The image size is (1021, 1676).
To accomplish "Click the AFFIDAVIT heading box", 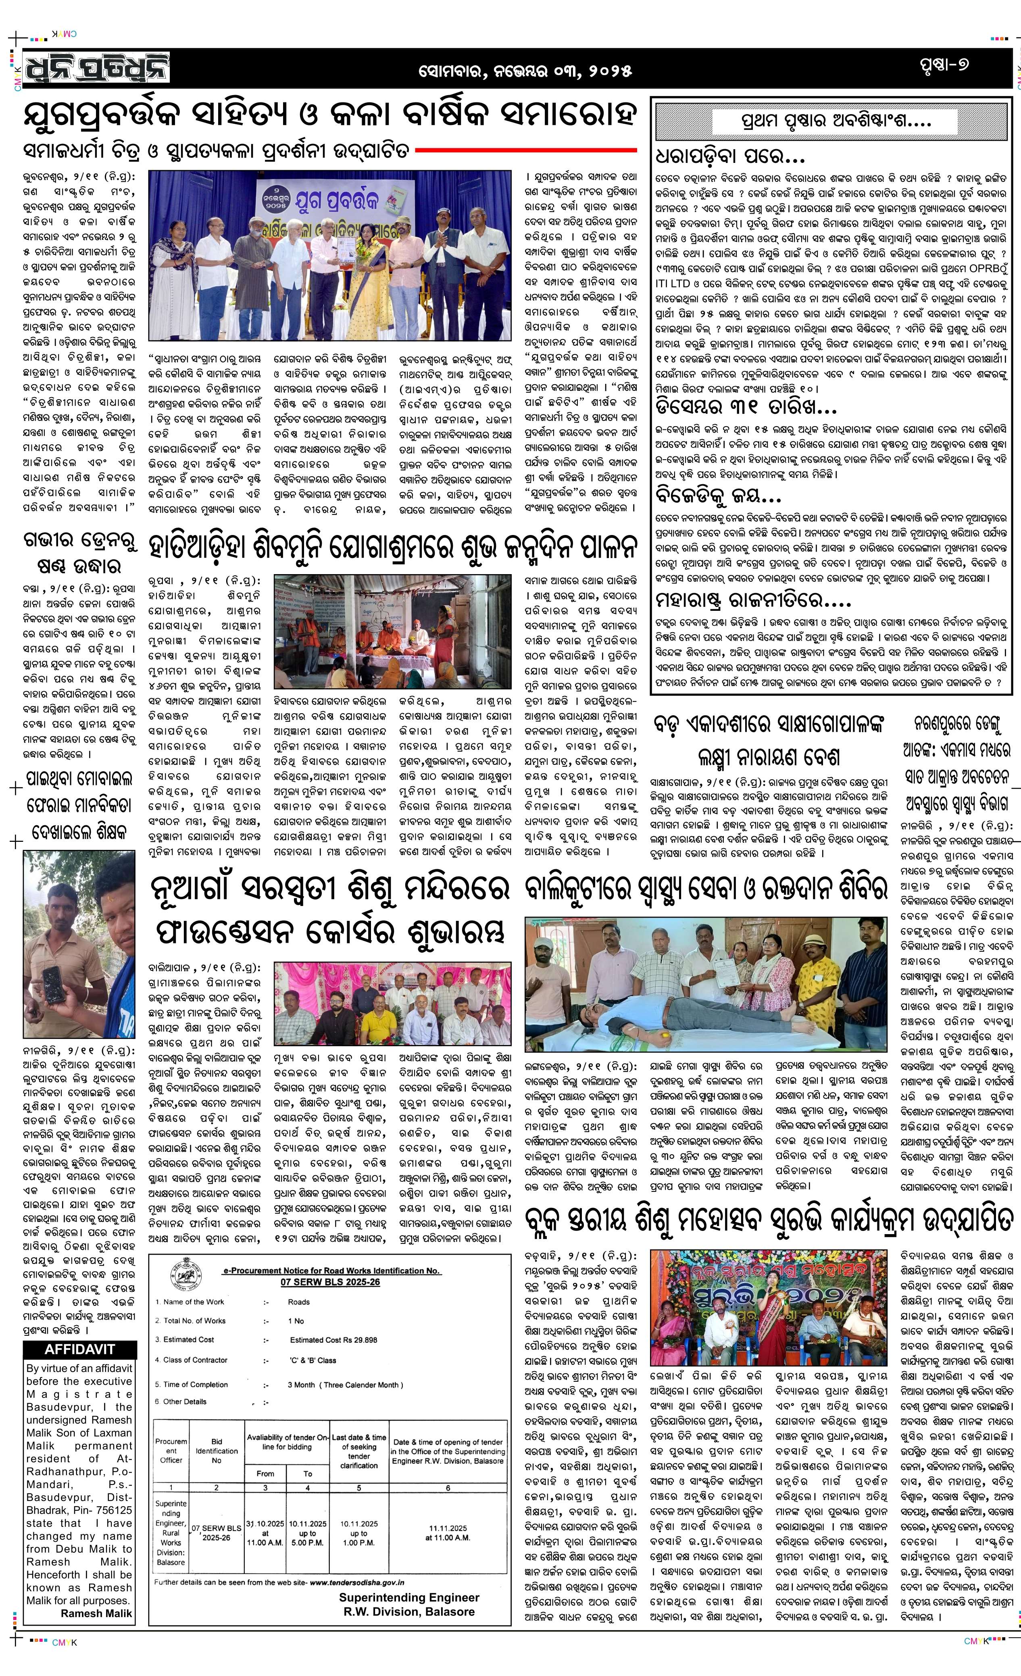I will tap(79, 1349).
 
